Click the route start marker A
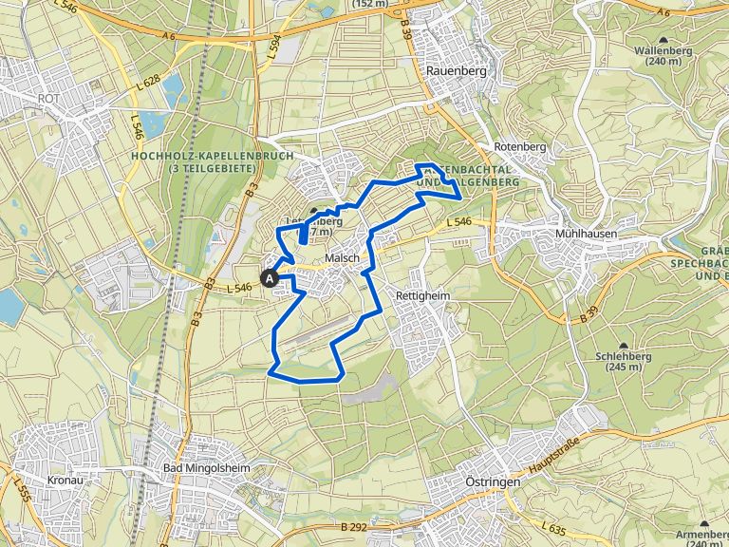(271, 279)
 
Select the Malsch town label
(342, 258)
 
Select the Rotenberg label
(520, 147)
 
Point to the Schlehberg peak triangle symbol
(624, 347)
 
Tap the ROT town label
(47, 97)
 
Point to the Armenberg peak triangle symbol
(704, 522)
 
